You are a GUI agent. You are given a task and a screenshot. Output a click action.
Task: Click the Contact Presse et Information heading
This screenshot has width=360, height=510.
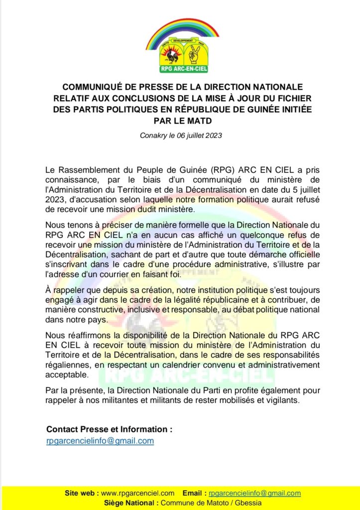tap(110, 429)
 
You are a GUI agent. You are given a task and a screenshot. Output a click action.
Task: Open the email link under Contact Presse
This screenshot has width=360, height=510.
tap(100, 441)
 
